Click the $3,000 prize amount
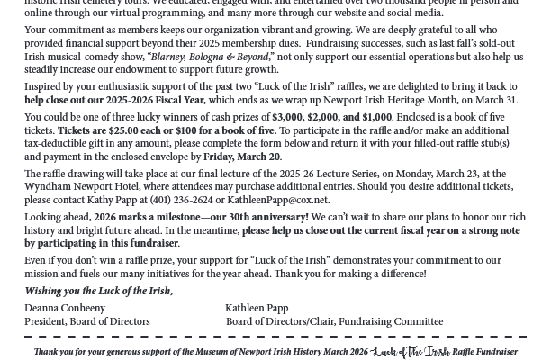pos(287,117)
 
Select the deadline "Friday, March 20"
pos(242,157)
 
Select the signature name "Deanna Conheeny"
pos(65,308)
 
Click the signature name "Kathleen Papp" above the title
pos(257,308)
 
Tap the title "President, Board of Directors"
pos(87,321)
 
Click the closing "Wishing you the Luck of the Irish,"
pos(98,291)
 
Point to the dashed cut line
pos(275,337)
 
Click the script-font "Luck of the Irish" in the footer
pos(411,351)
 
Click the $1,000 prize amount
pos(376,117)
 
